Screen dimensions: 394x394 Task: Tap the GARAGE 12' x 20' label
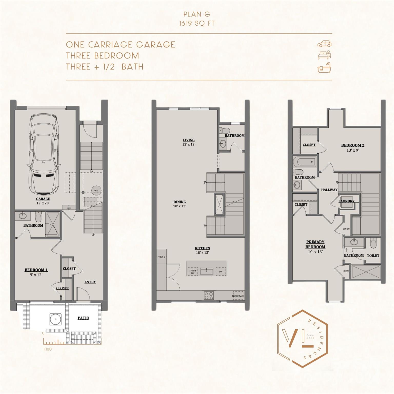(x=43, y=201)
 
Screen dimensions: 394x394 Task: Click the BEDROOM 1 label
(x=36, y=270)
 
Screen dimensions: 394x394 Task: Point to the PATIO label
(x=83, y=318)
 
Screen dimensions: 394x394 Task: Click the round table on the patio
(x=55, y=319)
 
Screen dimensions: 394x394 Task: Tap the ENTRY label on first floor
(x=90, y=282)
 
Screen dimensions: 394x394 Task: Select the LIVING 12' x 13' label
(x=189, y=142)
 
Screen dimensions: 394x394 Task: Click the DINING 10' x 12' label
(x=180, y=204)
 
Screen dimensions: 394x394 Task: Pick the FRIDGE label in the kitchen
(x=161, y=257)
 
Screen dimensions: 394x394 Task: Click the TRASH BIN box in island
(x=193, y=272)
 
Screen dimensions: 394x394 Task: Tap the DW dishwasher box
(x=221, y=272)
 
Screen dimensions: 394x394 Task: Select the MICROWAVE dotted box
(x=238, y=295)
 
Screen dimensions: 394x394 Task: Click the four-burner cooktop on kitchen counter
(x=209, y=295)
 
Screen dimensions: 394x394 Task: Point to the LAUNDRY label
(x=346, y=201)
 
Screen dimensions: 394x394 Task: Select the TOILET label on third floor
(x=373, y=255)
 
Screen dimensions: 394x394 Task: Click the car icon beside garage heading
(x=324, y=44)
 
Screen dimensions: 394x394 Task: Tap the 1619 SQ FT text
(x=197, y=23)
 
